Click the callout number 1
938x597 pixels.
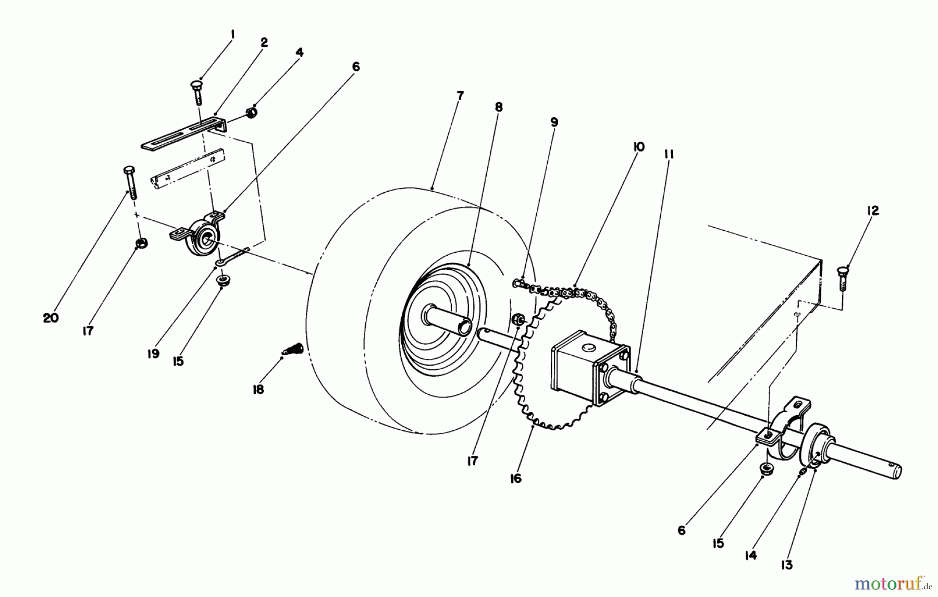(232, 35)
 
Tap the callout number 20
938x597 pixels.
(51, 318)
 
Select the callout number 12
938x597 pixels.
(873, 210)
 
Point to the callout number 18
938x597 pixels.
(258, 389)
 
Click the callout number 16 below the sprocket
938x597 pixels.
(515, 478)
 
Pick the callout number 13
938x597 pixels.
(786, 565)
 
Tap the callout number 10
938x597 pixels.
(638, 147)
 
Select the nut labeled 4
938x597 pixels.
(252, 113)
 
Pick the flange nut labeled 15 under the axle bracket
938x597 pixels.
(766, 468)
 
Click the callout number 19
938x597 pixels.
(153, 354)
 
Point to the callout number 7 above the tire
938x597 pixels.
(460, 96)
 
